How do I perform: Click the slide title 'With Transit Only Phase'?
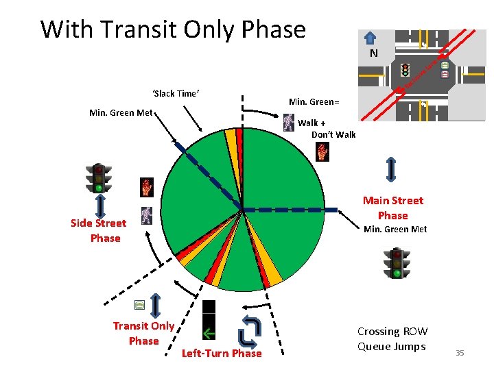173,29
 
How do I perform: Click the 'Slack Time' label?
176,94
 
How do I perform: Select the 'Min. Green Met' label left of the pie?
121,112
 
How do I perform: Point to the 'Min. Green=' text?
314,102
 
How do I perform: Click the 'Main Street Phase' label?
393,208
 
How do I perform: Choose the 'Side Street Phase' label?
99,230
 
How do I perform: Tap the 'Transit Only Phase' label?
143,333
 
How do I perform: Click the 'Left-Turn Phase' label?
221,354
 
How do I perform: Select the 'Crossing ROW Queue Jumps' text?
392,338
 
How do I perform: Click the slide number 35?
460,353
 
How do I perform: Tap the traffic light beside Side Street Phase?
99,178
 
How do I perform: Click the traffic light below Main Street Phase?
396,263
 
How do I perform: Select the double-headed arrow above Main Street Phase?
390,169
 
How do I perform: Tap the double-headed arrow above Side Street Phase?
100,205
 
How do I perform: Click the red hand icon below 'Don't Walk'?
322,152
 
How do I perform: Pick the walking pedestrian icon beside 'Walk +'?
289,123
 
